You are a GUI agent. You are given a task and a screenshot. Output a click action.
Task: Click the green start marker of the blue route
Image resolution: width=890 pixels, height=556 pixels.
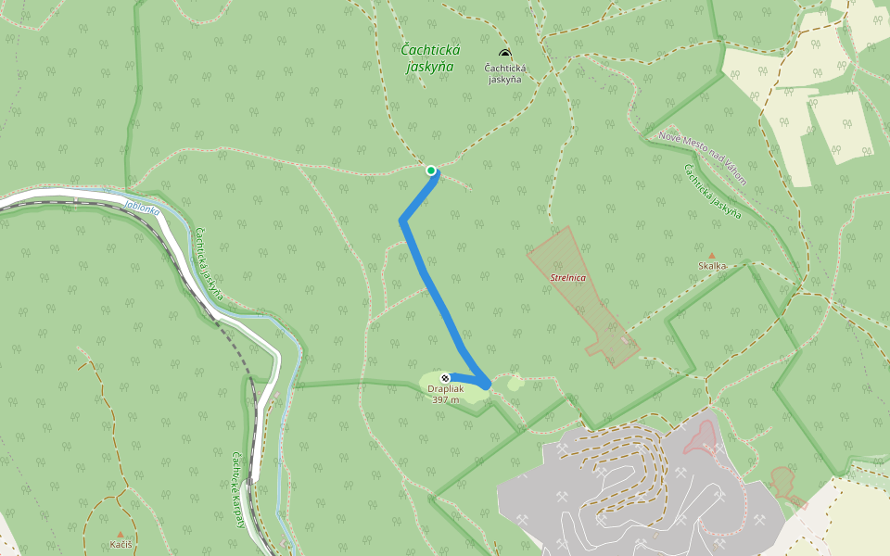[x=431, y=171]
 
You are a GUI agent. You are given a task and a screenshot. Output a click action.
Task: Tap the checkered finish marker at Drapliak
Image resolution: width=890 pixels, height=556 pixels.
[x=446, y=377]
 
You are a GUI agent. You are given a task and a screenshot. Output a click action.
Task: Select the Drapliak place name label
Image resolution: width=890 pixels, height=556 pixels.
[x=446, y=389]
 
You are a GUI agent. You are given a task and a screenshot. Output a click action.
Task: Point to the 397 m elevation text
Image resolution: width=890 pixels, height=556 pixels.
[x=446, y=399]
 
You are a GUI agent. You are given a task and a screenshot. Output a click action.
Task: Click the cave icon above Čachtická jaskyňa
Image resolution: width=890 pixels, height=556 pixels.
[x=505, y=55]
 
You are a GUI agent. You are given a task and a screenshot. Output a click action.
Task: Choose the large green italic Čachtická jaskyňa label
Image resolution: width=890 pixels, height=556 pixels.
[x=428, y=57]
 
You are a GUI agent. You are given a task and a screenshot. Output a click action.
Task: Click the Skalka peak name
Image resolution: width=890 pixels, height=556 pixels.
[x=712, y=266]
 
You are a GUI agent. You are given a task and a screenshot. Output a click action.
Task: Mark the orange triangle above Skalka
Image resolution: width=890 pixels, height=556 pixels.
[x=712, y=255]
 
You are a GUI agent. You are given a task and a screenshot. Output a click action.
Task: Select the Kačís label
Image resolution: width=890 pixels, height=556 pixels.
[x=120, y=544]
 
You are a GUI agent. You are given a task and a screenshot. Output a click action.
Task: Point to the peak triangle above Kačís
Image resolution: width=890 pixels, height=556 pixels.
[x=120, y=534]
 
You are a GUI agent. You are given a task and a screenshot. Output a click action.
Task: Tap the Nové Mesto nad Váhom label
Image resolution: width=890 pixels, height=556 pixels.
[x=702, y=158]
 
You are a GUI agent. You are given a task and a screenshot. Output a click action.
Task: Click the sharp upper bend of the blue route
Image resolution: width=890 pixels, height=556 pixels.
[x=402, y=221]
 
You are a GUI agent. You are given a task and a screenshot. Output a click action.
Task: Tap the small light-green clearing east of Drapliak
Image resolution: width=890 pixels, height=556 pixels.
[x=515, y=382]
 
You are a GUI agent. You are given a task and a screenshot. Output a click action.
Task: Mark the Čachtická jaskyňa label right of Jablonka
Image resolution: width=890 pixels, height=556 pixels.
[x=210, y=262]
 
